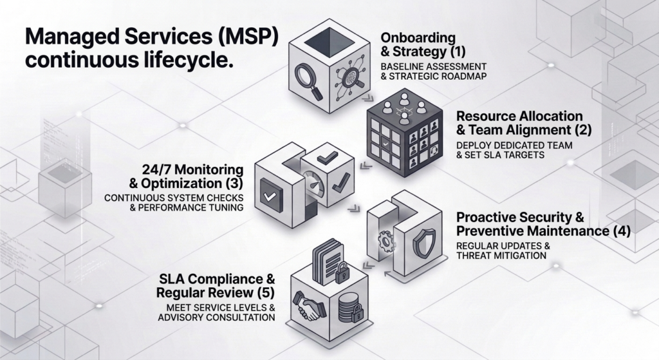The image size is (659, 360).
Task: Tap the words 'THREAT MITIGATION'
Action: coord(501,256)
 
